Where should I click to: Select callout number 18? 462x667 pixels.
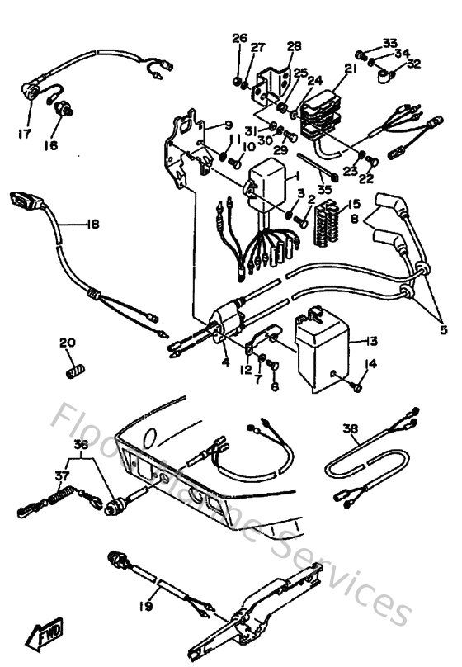pyautogui.click(x=91, y=224)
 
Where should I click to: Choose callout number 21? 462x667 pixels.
pyautogui.click(x=351, y=70)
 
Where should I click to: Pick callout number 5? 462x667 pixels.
pyautogui.click(x=442, y=330)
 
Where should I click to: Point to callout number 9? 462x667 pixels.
pyautogui.click(x=229, y=125)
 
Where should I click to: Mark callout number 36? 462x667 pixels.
pyautogui.click(x=80, y=444)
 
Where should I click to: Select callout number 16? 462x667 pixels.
pyautogui.click(x=51, y=146)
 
